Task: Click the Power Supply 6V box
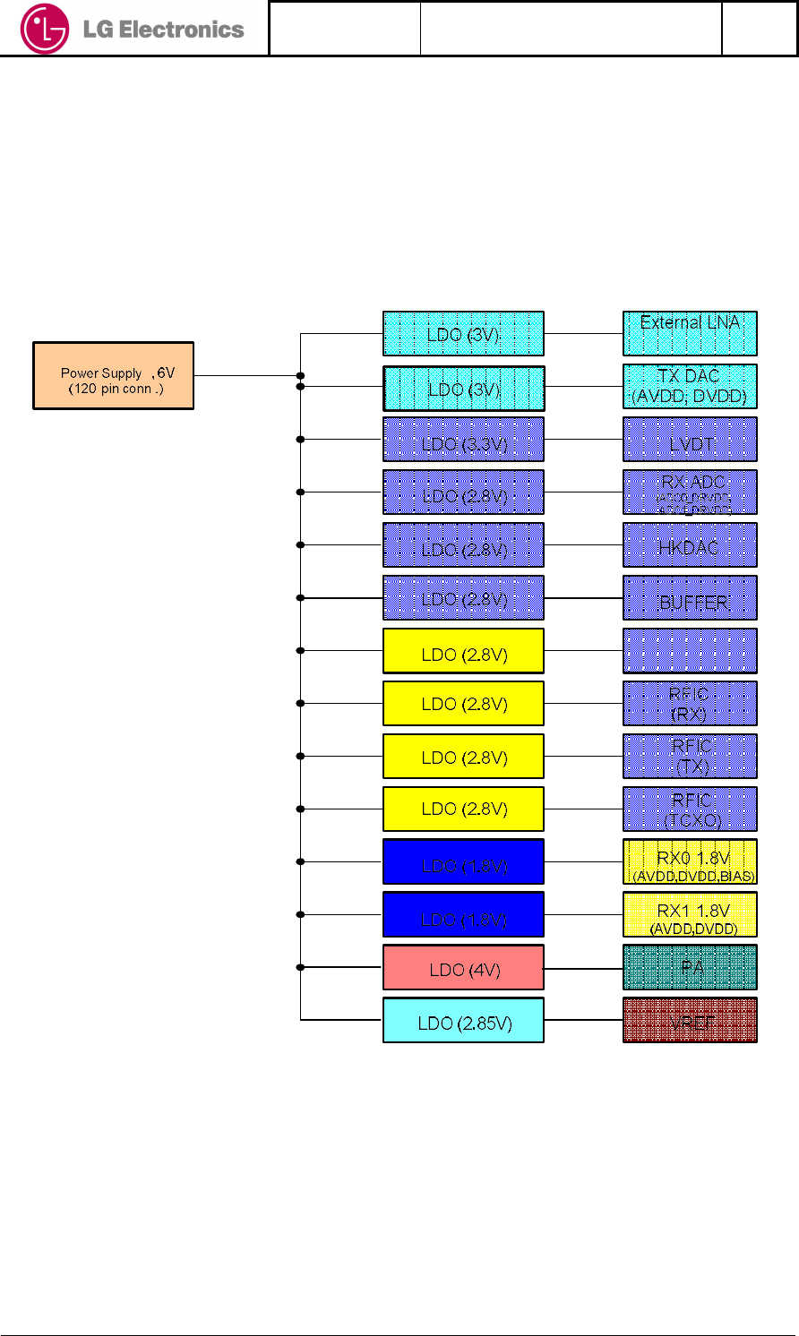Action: [x=114, y=376]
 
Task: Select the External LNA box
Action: [x=690, y=333]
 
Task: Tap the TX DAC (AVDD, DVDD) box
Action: [x=690, y=387]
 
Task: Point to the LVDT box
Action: [x=690, y=440]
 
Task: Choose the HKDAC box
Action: [x=690, y=545]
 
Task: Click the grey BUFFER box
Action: [x=690, y=598]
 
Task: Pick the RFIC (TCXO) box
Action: [x=690, y=809]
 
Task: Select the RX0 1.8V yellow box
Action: [x=690, y=862]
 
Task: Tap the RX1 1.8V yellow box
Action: [x=690, y=915]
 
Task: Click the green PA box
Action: [x=690, y=968]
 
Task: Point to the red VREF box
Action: [x=690, y=1021]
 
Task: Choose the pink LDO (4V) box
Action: [x=463, y=968]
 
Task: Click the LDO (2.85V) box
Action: [x=463, y=1021]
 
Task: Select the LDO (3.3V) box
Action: [x=463, y=440]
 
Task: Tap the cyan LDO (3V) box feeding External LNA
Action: [x=463, y=334]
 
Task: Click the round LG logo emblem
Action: [x=44, y=29]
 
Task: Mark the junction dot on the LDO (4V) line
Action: [x=301, y=968]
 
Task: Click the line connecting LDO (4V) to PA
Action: [x=583, y=968]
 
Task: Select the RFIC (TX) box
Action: [x=690, y=757]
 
